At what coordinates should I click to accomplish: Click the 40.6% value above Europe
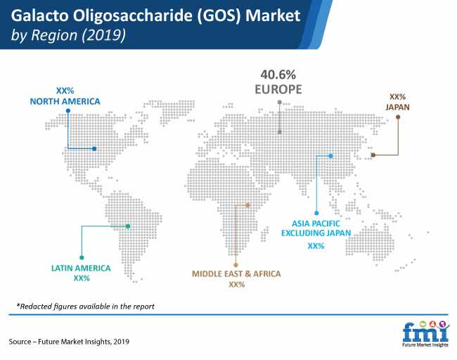(x=278, y=75)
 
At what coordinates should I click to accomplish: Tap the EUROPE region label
(x=278, y=89)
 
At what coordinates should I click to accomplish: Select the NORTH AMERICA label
(x=65, y=101)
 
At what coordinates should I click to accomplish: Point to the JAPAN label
(x=397, y=108)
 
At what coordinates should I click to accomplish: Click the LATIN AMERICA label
(x=81, y=268)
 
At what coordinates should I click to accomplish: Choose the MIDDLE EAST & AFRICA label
(x=236, y=274)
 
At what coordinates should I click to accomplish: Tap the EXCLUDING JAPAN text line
(x=316, y=233)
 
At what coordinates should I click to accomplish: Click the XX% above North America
(x=65, y=91)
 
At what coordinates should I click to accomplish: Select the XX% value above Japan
(x=397, y=97)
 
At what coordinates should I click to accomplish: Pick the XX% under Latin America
(x=82, y=278)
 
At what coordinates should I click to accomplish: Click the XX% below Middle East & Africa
(x=237, y=285)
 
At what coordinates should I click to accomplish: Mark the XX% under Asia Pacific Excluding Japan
(x=316, y=246)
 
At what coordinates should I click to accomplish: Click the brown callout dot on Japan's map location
(x=373, y=155)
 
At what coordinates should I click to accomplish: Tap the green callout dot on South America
(x=128, y=226)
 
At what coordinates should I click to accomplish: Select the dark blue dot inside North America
(x=94, y=148)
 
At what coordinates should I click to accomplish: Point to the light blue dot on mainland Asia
(x=331, y=156)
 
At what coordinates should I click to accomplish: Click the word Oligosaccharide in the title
(x=133, y=16)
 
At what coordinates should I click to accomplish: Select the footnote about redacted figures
(x=85, y=307)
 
